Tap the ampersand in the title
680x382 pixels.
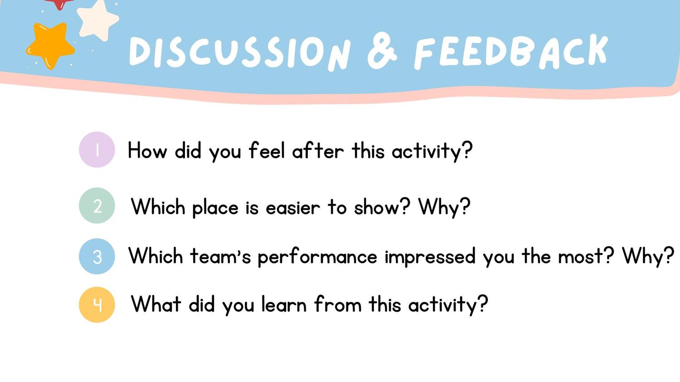point(382,52)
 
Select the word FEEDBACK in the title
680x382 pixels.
point(511,52)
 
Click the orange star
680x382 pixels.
point(50,45)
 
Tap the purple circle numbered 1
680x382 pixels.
point(97,150)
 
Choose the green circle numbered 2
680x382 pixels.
point(97,206)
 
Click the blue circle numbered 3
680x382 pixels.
point(97,256)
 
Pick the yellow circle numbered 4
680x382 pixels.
point(97,305)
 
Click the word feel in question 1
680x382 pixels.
point(267,150)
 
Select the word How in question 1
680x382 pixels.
point(147,150)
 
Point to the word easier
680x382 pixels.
point(293,208)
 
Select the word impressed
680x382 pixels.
point(430,256)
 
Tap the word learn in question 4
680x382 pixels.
point(284,304)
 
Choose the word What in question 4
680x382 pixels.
point(156,304)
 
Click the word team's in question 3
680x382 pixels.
point(220,256)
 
